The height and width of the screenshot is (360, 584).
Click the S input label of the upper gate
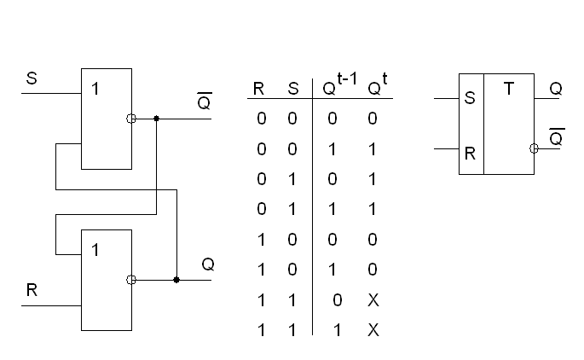click(32, 78)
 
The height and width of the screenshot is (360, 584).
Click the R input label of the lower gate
click(32, 290)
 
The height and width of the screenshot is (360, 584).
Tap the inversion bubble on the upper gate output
click(130, 119)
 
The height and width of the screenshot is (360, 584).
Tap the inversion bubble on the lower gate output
click(130, 279)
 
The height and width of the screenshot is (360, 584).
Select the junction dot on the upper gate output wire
click(156, 119)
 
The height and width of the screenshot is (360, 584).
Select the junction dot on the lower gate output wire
click(176, 279)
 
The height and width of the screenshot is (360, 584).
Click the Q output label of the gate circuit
click(207, 264)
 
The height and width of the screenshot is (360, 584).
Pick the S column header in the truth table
click(292, 90)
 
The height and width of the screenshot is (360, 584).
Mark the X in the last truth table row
click(373, 329)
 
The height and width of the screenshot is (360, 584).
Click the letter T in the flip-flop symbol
click(509, 88)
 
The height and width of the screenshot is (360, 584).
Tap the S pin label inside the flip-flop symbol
click(469, 99)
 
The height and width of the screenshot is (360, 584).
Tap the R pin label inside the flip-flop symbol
click(469, 156)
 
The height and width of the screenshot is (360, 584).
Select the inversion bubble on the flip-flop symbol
click(534, 148)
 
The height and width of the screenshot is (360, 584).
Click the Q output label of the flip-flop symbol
click(555, 90)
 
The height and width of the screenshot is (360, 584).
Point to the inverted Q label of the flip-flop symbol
click(556, 136)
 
